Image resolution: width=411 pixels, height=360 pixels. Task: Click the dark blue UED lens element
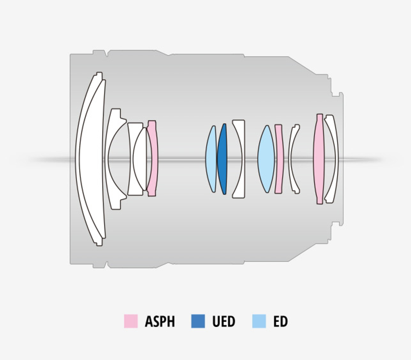coord(222,159)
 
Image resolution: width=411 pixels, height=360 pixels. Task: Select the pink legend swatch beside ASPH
coord(131,321)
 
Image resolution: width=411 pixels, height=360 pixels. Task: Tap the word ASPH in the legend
coord(159,321)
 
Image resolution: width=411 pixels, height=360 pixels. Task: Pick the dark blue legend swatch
coord(198,321)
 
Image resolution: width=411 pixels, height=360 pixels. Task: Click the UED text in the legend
coord(224,321)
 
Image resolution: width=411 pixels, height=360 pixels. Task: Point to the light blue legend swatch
coord(259,321)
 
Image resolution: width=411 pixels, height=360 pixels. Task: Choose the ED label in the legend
coord(280,321)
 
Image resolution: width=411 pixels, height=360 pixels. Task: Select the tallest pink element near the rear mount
coord(319,159)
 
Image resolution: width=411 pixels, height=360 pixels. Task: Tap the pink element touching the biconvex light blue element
coord(279,159)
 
